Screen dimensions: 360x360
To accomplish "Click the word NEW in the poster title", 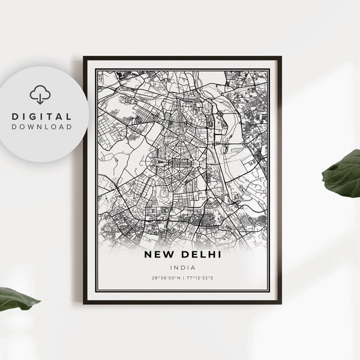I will click(158, 255).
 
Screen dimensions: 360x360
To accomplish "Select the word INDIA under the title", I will click(179, 268).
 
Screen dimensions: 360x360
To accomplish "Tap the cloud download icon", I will click(41, 95).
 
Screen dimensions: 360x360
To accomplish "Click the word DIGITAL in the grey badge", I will click(42, 116).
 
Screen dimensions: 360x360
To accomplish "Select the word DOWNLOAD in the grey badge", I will click(42, 127).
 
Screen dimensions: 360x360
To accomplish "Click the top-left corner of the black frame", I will click(85, 58).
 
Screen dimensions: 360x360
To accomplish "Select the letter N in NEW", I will click(148, 255).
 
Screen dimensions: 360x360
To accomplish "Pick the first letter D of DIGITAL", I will click(14, 116).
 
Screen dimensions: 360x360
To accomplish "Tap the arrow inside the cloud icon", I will click(41, 97).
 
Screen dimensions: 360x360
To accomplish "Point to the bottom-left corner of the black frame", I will click(85, 302).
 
